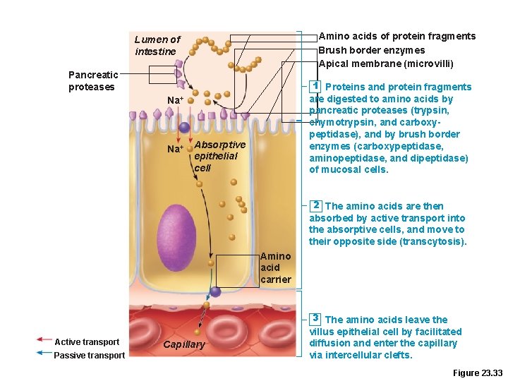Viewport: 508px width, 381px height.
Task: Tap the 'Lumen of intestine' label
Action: (x=157, y=46)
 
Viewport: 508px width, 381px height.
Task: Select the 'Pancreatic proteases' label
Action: (x=91, y=81)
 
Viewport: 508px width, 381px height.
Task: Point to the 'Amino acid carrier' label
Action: (x=275, y=267)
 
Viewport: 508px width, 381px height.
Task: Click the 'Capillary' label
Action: (x=184, y=344)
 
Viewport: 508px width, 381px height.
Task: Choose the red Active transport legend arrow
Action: (x=44, y=341)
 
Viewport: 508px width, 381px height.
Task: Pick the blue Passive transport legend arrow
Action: (x=44, y=354)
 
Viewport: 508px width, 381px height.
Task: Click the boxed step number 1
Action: (x=316, y=86)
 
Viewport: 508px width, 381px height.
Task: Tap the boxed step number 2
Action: (x=316, y=205)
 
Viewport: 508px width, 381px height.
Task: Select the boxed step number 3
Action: (x=316, y=319)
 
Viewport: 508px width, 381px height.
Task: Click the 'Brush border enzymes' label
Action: (x=371, y=50)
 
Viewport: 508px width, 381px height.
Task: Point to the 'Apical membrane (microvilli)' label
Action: (x=385, y=64)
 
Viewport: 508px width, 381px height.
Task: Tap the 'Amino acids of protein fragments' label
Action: (x=397, y=36)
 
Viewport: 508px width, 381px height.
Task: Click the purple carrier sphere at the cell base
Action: (x=215, y=291)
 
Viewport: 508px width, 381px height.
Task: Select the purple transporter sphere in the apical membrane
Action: (x=184, y=128)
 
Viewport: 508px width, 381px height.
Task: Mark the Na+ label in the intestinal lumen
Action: (x=175, y=100)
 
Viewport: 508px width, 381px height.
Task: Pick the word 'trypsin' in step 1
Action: (x=428, y=111)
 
